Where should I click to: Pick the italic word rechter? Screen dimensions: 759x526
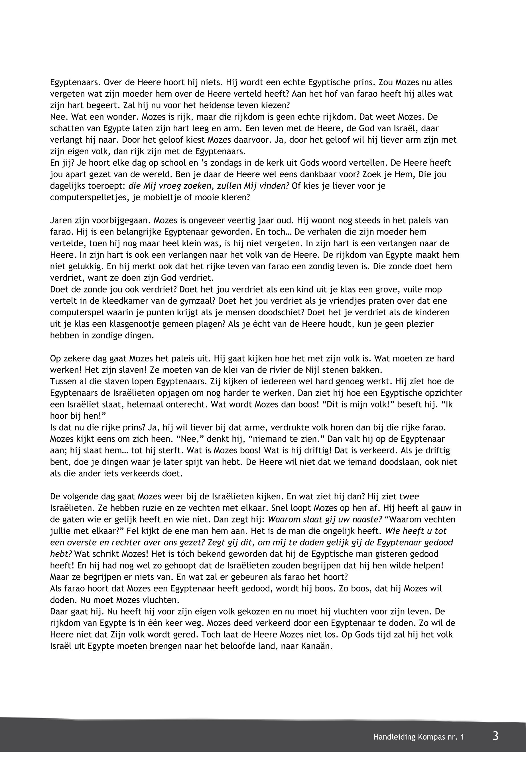coord(129,542)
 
